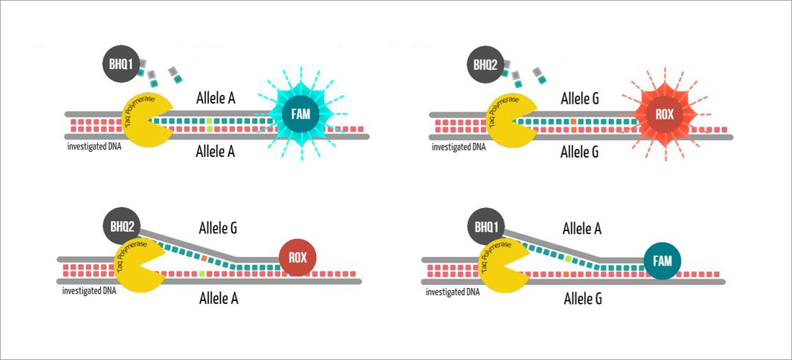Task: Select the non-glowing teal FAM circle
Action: pyautogui.click(x=660, y=259)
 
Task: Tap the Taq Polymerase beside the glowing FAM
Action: pyautogui.click(x=148, y=120)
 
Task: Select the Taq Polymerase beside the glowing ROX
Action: pyautogui.click(x=512, y=120)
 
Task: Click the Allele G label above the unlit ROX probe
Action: pyautogui.click(x=217, y=230)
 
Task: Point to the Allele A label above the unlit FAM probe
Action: pyautogui.click(x=582, y=230)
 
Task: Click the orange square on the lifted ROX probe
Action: pyautogui.click(x=204, y=256)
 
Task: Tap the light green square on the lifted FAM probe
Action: pyautogui.click(x=568, y=256)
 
